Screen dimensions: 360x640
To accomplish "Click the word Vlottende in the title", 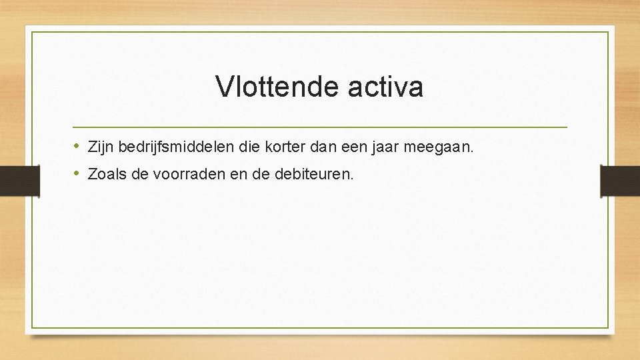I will pyautogui.click(x=277, y=87).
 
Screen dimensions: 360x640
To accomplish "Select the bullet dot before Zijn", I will pyautogui.click(x=77, y=146).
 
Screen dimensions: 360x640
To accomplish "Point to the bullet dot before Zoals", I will pyautogui.click(x=77, y=174).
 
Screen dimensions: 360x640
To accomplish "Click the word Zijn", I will pyautogui.click(x=100, y=147).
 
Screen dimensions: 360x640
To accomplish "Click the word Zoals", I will pyautogui.click(x=104, y=175).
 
